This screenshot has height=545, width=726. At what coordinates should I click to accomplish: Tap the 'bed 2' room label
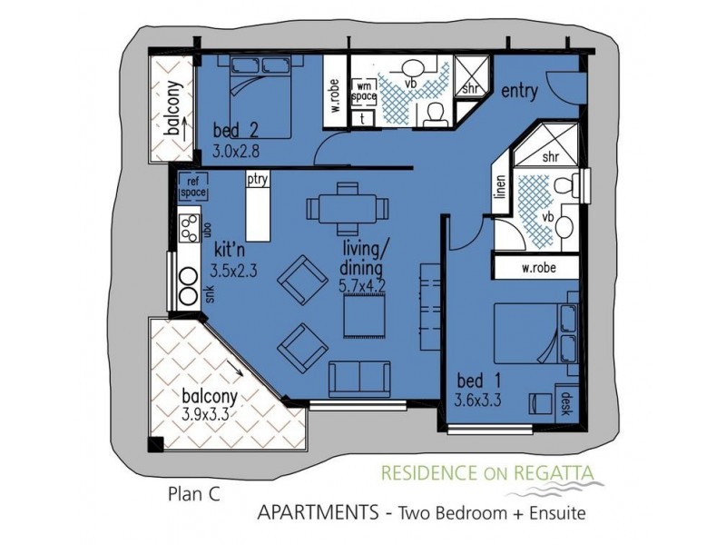233,128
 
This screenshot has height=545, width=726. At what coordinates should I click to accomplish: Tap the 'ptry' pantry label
258,180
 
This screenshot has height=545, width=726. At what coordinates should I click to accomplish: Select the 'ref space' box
192,186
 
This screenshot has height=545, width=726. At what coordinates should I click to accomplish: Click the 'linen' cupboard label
499,187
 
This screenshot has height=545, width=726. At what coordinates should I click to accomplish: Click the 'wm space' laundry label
364,91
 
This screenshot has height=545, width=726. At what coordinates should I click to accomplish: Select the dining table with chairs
347,209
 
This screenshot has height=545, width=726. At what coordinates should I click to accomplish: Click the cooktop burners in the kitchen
189,228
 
